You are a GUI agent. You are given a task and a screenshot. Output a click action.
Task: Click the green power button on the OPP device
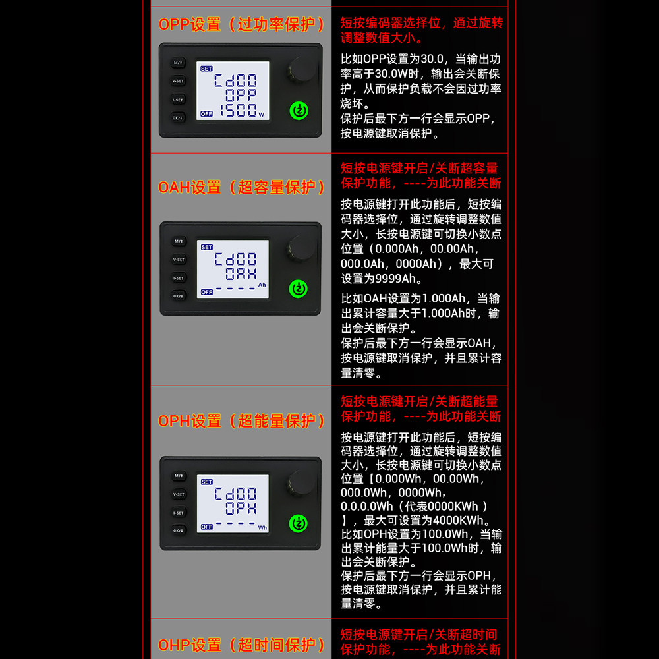299,111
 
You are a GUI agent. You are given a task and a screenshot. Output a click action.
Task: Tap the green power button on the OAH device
299,289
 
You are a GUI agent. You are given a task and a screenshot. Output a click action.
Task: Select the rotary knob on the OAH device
301,248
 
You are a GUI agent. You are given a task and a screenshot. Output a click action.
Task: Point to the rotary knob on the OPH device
301,483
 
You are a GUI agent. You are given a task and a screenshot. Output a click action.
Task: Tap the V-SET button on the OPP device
178,81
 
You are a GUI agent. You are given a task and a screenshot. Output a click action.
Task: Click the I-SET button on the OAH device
178,278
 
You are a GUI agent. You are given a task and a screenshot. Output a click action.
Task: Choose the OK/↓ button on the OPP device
178,118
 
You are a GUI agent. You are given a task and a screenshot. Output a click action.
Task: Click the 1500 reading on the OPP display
239,111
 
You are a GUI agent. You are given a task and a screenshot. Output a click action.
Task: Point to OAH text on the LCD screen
241,273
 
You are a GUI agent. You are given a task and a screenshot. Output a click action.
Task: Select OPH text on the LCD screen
241,509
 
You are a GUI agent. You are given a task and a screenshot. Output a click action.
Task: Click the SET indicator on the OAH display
206,247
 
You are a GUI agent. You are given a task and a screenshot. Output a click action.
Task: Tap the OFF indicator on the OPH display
206,527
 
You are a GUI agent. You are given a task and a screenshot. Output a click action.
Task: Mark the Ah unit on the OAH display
262,285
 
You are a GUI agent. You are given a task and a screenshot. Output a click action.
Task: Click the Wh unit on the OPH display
262,527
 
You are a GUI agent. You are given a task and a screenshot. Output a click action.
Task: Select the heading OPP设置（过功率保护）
241,24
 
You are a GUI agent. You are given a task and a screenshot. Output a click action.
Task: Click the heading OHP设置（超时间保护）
241,645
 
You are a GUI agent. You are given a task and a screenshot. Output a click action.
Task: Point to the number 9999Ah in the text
395,279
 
